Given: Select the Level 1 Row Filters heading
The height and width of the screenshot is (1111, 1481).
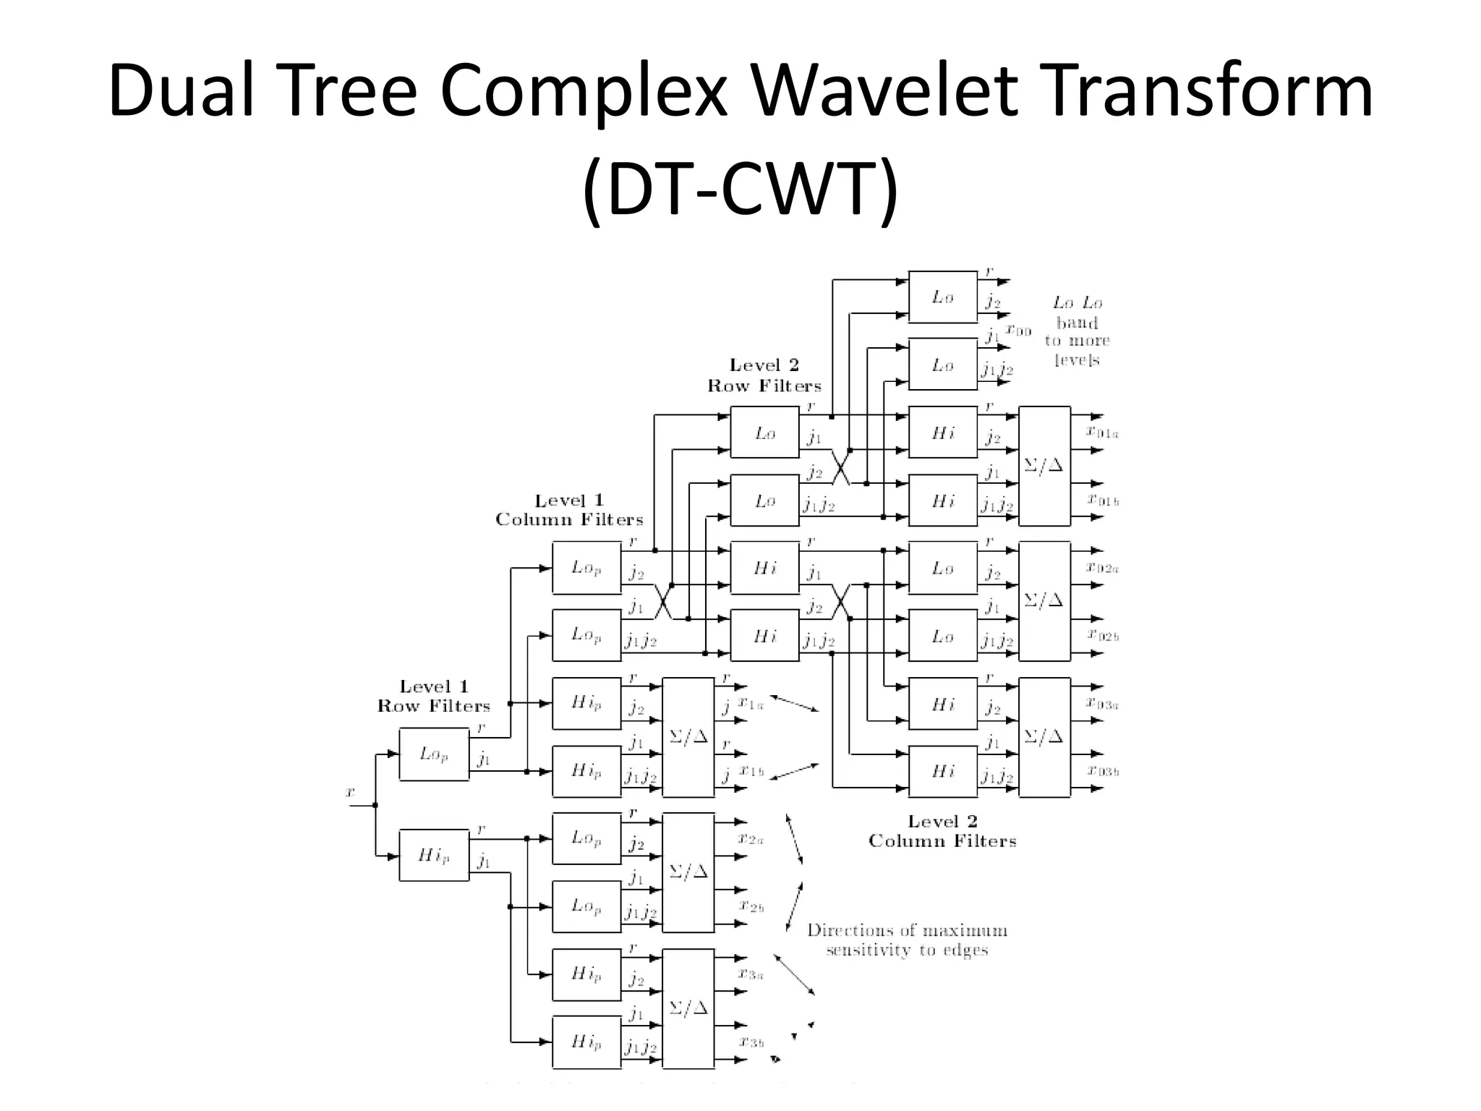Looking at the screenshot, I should tap(434, 696).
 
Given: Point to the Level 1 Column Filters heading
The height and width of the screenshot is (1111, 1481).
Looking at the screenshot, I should tap(569, 510).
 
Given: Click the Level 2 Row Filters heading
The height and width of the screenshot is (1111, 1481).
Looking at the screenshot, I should tap(764, 375).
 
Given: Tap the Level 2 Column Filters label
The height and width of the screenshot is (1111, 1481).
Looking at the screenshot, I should tap(942, 831).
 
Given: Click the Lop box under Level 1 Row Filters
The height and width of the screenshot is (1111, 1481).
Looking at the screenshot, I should tap(434, 754).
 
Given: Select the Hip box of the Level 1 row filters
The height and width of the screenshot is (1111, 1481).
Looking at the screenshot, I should tap(434, 855).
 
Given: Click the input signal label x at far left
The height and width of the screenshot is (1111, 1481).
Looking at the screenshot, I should tap(350, 793).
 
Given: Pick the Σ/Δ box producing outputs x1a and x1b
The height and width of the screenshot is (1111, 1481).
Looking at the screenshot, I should tap(688, 736).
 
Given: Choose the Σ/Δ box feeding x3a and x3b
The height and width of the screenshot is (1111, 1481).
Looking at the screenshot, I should tap(688, 1008).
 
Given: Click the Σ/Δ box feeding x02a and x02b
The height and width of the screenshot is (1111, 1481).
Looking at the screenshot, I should tap(1043, 600).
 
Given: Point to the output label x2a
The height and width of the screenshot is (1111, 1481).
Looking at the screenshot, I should tap(751, 839).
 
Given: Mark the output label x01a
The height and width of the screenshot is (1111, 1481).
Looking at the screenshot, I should tap(1104, 433).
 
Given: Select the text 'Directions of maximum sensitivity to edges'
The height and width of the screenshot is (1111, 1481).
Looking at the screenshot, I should tap(907, 940).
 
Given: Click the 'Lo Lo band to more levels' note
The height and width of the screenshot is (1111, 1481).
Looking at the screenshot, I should tap(1077, 331).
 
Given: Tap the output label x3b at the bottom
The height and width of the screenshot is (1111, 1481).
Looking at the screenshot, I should tap(751, 1042).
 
